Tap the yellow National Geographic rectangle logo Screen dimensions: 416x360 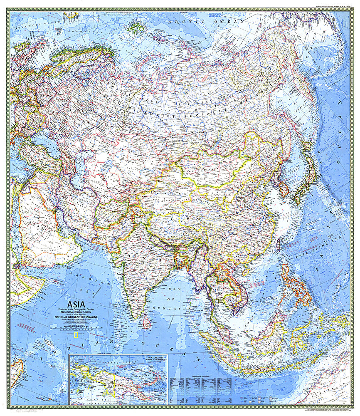[x=76, y=334]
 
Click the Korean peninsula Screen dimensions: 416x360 [x=283, y=188]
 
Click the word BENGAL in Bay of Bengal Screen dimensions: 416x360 [x=171, y=308]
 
